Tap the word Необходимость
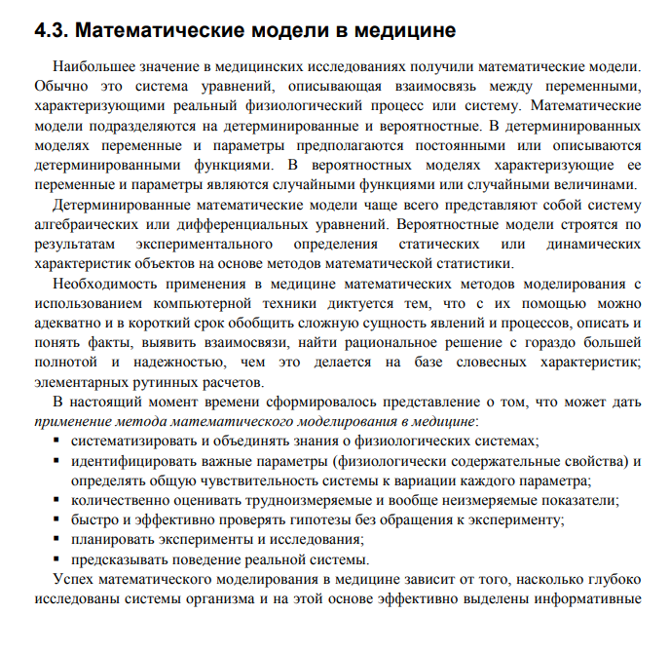104,284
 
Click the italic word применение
72,421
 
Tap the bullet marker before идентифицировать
56,461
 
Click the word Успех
73,579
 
